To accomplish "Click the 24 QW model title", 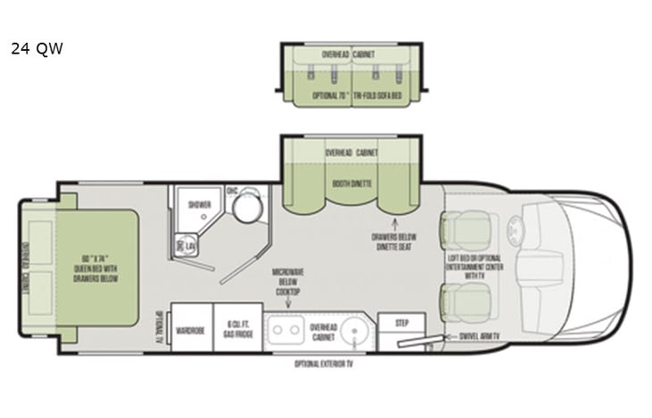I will pos(37,49).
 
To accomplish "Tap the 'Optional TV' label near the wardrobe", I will pos(159,325).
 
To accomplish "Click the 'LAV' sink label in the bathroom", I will pos(190,246).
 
